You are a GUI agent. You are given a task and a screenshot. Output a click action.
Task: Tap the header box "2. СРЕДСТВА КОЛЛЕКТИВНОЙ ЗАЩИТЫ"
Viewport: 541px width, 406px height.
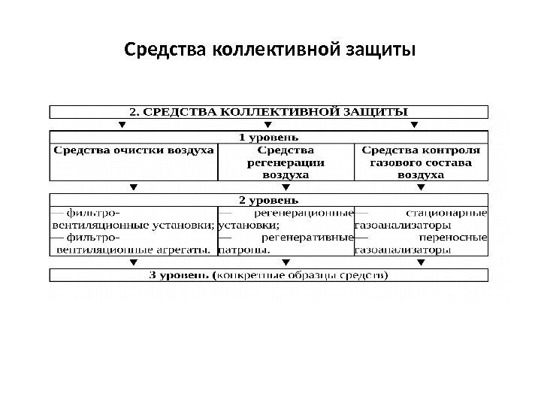click(269, 112)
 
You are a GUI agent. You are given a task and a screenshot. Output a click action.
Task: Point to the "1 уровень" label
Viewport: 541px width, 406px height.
click(268, 137)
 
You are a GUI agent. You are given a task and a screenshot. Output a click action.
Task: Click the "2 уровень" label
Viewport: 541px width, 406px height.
click(268, 201)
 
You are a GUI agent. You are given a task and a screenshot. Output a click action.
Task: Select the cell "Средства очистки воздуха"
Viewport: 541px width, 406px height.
click(133, 150)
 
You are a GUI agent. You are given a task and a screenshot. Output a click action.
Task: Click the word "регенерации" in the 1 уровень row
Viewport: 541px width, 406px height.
click(286, 162)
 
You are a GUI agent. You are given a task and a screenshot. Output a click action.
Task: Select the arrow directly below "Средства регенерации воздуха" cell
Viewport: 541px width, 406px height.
click(286, 187)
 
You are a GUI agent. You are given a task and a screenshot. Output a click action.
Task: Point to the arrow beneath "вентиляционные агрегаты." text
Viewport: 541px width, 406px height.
click(134, 262)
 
